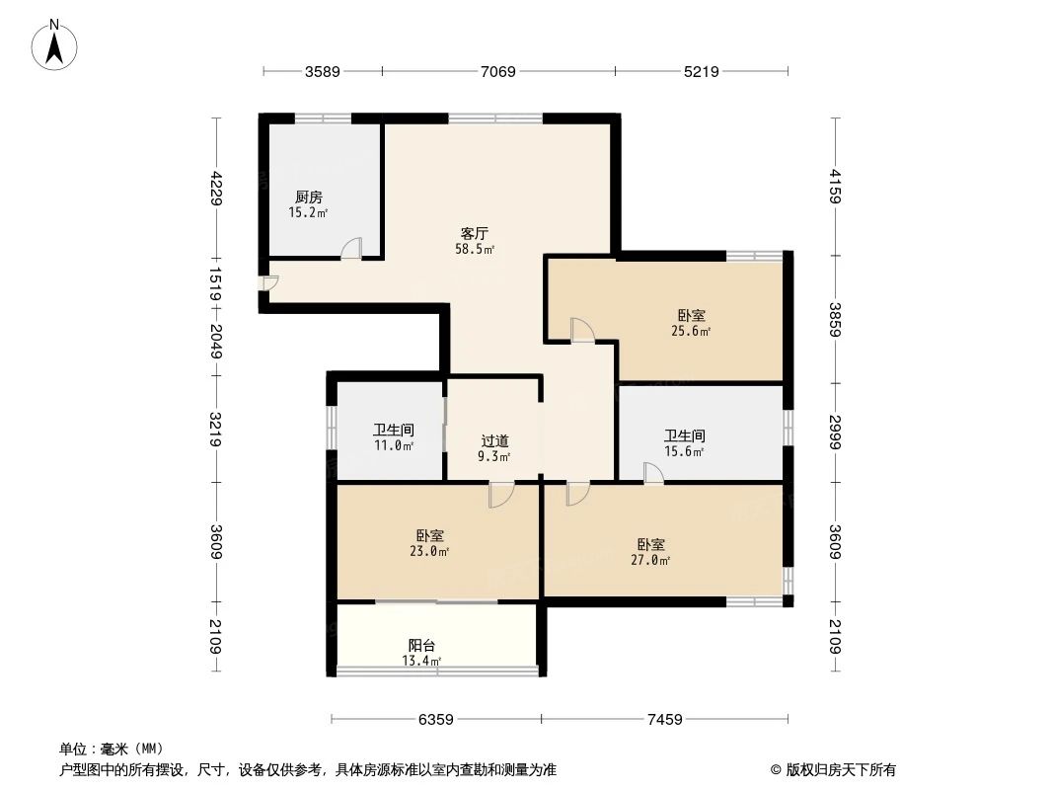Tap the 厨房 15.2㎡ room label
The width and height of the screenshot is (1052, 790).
tap(308, 204)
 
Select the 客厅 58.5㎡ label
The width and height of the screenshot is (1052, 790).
tap(475, 241)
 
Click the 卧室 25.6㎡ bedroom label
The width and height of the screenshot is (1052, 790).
tap(691, 323)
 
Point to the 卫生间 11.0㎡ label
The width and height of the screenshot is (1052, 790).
tap(393, 437)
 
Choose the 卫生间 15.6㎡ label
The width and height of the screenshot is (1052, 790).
tap(684, 443)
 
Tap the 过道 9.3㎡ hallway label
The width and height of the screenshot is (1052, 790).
tap(494, 448)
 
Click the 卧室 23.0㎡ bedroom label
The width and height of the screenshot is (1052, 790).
tap(430, 543)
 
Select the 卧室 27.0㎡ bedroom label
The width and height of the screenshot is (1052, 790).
tap(651, 552)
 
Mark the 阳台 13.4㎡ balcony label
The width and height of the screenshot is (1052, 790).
tap(421, 653)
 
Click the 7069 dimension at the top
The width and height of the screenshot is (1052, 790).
tap(498, 71)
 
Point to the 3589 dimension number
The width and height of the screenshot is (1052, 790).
tap(323, 71)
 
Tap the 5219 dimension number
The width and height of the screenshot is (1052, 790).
tap(702, 71)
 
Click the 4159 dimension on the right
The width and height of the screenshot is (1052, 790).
tap(835, 187)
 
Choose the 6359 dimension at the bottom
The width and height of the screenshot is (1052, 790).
tap(435, 719)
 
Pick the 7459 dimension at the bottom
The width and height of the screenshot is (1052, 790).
tap(666, 719)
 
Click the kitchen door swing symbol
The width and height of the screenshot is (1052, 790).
tap(351, 249)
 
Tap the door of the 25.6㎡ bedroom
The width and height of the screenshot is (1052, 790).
tap(581, 330)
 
